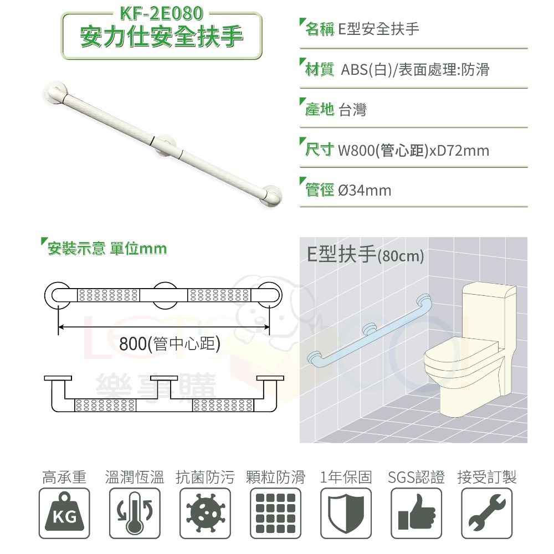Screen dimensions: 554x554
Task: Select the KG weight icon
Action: click(64, 513)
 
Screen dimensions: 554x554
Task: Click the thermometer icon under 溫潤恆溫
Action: click(134, 513)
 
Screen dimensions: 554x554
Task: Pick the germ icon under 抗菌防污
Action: click(204, 513)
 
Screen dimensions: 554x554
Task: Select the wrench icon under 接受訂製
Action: click(487, 513)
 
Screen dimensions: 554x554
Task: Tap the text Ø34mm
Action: click(364, 191)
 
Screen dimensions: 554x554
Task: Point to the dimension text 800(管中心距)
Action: click(170, 344)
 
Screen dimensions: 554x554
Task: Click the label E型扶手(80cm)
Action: click(365, 255)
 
